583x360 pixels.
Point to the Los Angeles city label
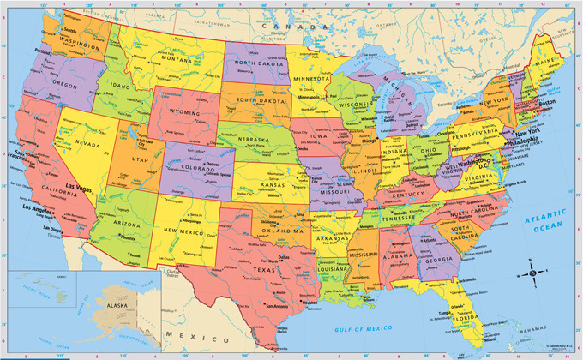coord(39,208)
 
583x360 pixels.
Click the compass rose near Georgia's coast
coord(532,273)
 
